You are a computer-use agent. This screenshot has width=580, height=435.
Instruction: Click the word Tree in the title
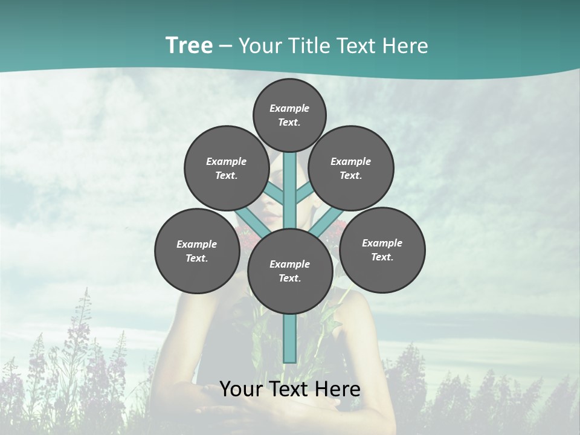(188, 46)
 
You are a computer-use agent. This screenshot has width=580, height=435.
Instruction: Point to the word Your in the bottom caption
(242, 389)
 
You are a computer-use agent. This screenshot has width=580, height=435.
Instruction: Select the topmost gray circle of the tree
(289, 114)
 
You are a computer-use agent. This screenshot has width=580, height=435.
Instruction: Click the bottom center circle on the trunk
(290, 271)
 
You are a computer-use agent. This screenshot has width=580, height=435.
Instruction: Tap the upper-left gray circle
(227, 168)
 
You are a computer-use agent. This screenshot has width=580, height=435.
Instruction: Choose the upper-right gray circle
(351, 168)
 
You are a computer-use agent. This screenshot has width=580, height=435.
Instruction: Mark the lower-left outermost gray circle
(197, 251)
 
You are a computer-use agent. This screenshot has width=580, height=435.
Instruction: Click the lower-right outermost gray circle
(382, 250)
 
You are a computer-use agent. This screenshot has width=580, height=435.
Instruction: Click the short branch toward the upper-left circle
(275, 194)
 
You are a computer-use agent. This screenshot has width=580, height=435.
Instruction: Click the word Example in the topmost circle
(289, 108)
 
